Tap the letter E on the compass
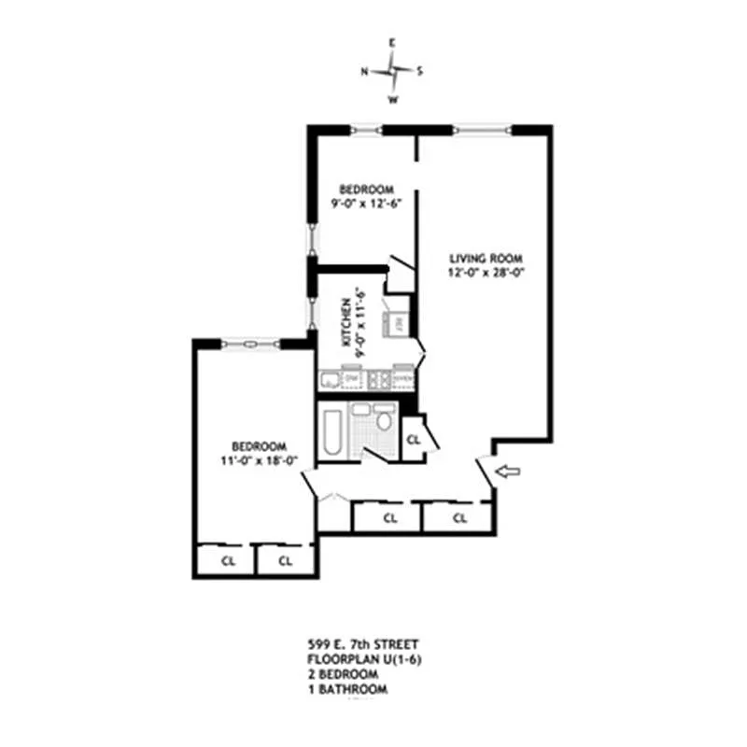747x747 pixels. (x=393, y=43)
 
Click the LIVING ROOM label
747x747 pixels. (x=485, y=259)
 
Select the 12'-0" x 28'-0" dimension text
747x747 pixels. (x=485, y=274)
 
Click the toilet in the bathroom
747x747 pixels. (x=384, y=420)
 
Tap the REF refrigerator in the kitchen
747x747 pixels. (x=398, y=323)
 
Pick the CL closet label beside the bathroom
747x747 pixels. (x=414, y=439)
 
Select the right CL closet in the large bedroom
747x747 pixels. (x=285, y=561)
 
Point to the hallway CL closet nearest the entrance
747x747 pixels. (x=458, y=517)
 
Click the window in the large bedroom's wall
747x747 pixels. (x=250, y=344)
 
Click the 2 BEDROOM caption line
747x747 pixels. (x=343, y=674)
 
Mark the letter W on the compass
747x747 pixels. (x=393, y=99)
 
